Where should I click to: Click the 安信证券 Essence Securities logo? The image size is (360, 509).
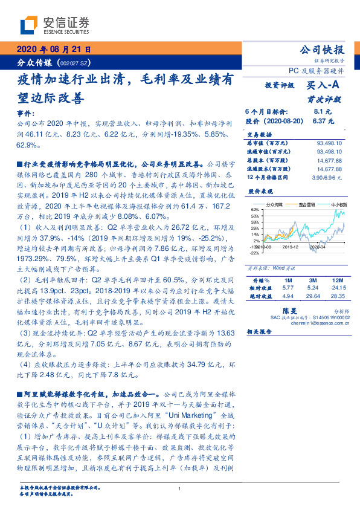[x=54, y=25]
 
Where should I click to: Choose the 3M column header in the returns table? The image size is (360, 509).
[x=312, y=281]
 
